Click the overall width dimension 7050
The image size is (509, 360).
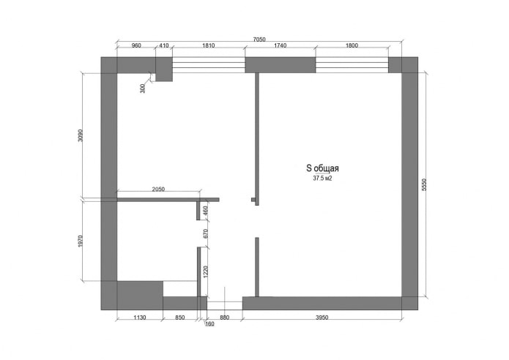click(259, 40)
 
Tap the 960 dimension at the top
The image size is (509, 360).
click(136, 46)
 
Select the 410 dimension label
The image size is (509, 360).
click(163, 46)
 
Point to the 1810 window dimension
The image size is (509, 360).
click(208, 46)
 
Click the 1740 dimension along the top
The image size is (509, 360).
click(280, 46)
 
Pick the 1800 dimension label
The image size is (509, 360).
click(352, 46)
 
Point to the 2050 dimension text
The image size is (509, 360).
click(158, 190)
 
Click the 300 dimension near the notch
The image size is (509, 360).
click(143, 88)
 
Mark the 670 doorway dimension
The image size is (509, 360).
click(207, 234)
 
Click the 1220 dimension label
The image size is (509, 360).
click(207, 272)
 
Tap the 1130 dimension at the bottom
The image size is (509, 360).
click(141, 318)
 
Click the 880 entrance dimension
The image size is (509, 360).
click(225, 318)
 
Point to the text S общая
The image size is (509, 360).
click(322, 168)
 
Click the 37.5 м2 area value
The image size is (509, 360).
click(322, 177)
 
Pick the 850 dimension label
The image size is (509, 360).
click(179, 318)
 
